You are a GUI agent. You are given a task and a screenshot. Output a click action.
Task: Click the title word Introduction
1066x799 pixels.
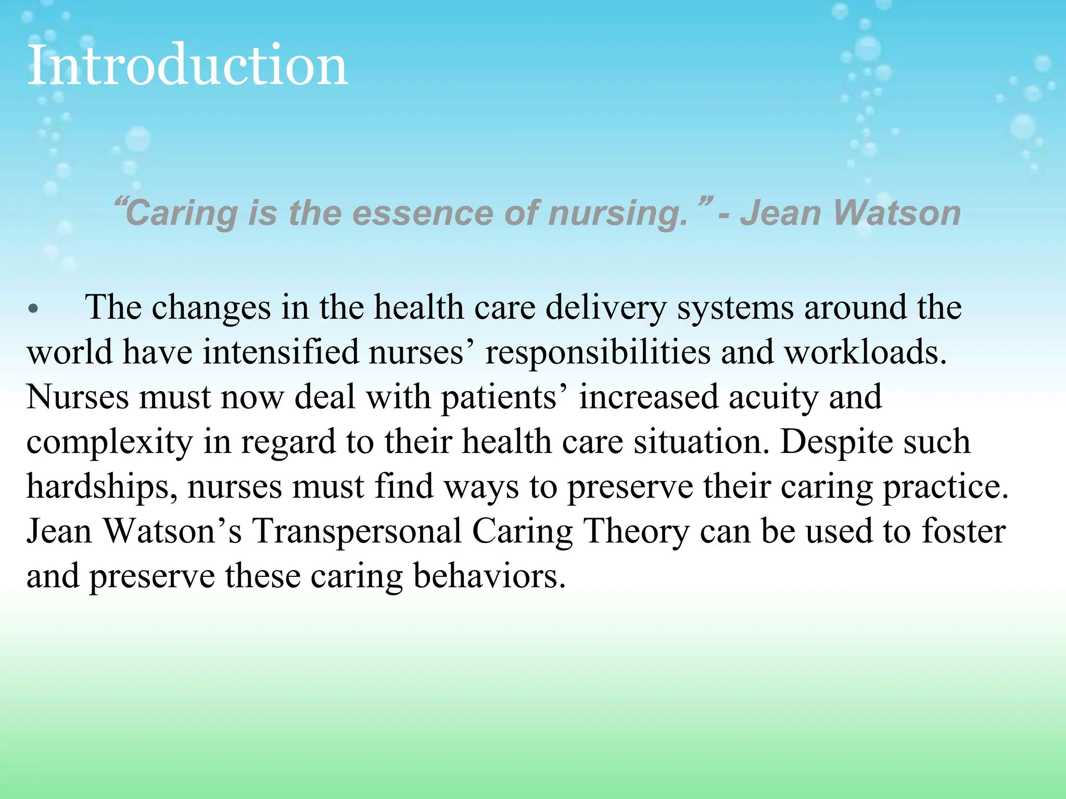coord(187,66)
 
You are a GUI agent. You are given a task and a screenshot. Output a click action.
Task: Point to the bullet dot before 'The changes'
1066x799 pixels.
coord(33,308)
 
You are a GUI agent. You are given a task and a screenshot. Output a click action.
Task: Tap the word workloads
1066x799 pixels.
coord(865,353)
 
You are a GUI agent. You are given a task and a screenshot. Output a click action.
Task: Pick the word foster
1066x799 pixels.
coord(963,532)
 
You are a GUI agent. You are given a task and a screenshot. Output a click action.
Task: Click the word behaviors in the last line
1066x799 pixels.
coord(489,576)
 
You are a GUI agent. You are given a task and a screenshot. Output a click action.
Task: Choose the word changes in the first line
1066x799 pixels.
coord(211,308)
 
